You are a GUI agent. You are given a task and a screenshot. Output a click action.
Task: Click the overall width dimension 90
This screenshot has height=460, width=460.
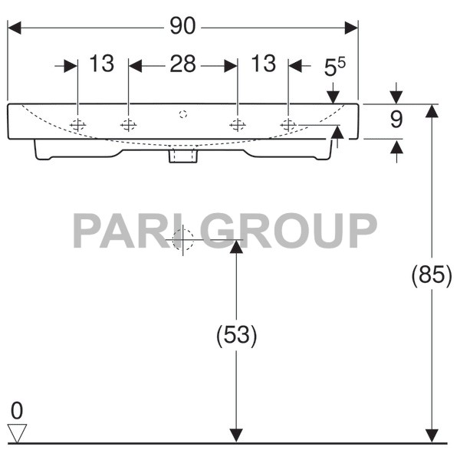tap(182, 27)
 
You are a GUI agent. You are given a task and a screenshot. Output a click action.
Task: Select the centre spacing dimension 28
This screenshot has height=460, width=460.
tap(182, 64)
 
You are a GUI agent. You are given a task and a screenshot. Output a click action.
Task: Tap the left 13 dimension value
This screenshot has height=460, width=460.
tap(101, 64)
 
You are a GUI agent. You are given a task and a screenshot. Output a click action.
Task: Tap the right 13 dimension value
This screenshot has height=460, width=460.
tap(263, 64)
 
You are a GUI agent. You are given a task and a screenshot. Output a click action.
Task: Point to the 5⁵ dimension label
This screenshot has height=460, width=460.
tap(335, 67)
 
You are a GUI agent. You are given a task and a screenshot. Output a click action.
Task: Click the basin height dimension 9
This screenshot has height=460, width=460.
tap(396, 120)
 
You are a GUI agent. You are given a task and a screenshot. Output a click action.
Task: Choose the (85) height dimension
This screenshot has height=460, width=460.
tap(432, 274)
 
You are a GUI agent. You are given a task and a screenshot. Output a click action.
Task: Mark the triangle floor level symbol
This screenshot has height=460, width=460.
tap(17, 432)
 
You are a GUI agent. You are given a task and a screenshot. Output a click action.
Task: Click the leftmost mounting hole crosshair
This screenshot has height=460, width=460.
tap(78, 124)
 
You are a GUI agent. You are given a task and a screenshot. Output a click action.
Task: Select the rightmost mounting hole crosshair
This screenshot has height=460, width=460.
tap(288, 124)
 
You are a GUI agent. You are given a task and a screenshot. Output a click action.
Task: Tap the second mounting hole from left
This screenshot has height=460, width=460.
tap(128, 124)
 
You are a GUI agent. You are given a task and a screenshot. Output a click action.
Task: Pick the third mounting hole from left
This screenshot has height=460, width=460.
tap(238, 124)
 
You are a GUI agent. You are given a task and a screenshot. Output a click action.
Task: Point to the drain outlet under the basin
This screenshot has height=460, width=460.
tap(183, 156)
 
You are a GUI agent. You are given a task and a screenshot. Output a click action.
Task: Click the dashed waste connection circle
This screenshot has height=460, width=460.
tap(183, 240)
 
